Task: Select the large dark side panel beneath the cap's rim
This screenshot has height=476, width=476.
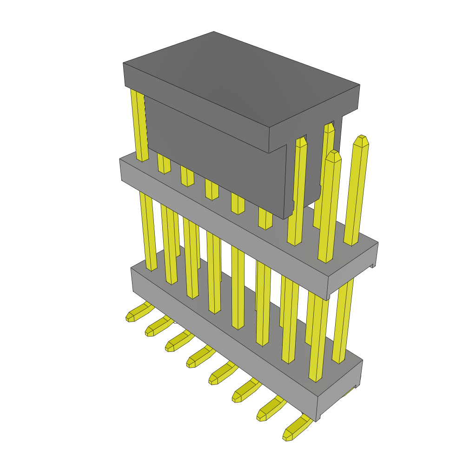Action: point(214,153)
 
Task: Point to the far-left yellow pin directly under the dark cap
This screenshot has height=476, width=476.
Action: point(139,126)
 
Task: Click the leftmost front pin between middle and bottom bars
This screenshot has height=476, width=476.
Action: point(148,232)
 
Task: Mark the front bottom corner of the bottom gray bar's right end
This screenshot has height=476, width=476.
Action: point(317,421)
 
